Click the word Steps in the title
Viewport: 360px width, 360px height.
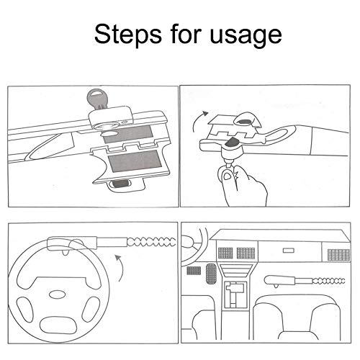(x=128, y=35)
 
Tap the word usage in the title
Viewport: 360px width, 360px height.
(x=246, y=36)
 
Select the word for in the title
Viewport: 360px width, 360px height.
(x=186, y=34)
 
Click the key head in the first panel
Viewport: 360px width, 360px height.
(x=95, y=97)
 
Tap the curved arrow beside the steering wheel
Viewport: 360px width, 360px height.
(x=121, y=268)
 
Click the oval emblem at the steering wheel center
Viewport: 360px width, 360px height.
(x=57, y=294)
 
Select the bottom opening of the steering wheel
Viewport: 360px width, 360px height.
(x=58, y=325)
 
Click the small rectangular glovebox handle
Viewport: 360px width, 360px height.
(x=289, y=251)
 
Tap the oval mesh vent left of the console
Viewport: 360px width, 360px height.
(x=211, y=274)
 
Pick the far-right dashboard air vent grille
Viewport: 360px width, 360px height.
(x=338, y=255)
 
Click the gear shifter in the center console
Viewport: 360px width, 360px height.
(x=235, y=294)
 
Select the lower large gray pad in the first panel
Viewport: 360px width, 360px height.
(x=135, y=161)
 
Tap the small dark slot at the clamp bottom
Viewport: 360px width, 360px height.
(x=120, y=184)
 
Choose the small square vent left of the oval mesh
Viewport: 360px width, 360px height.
(x=194, y=271)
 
